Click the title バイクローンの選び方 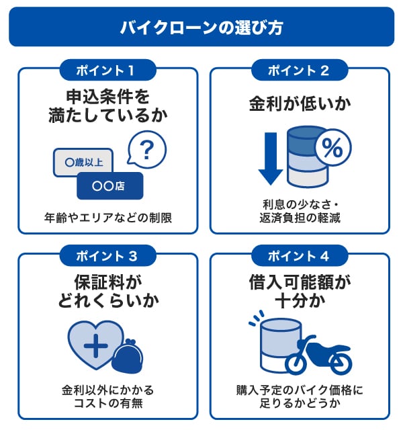point(201,28)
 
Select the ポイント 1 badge point(107,69)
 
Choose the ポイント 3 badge point(107,255)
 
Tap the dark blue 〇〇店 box point(110,185)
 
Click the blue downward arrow point(270,159)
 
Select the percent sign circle point(332,148)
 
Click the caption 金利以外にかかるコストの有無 point(107,396)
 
